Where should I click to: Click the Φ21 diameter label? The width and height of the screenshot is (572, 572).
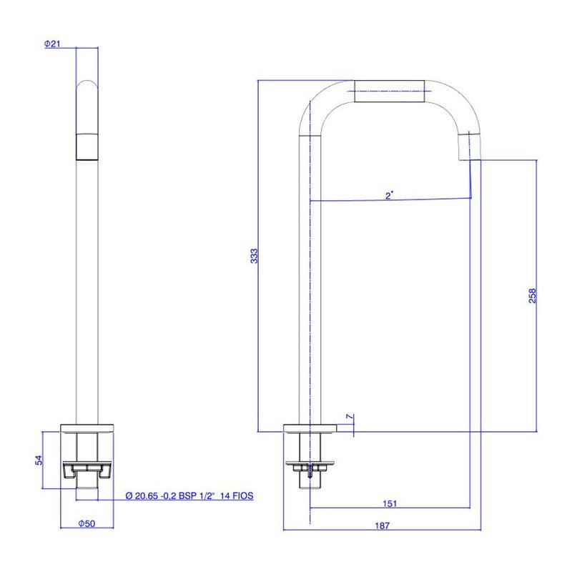coord(52,44)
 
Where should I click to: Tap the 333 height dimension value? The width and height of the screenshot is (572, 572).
coord(254,256)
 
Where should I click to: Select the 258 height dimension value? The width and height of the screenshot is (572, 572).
coord(533,295)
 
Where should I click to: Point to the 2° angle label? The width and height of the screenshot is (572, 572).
coord(389,195)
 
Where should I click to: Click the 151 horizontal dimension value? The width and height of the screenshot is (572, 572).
coord(390,503)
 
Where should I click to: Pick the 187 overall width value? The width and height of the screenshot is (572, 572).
coord(383,526)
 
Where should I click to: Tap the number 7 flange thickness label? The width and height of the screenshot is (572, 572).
coord(350,416)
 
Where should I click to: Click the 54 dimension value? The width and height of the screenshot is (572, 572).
coord(39,460)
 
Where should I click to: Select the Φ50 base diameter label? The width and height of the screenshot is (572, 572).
coord(87,523)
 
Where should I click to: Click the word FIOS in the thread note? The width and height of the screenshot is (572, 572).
coord(242,495)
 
